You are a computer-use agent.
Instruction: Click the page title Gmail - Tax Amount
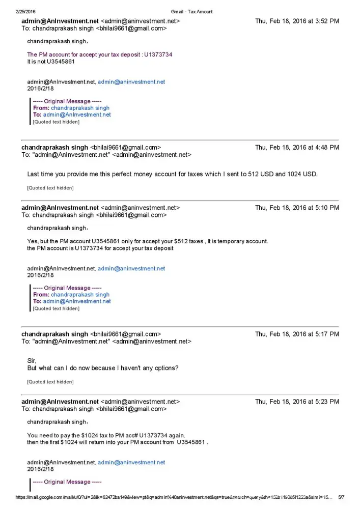(192, 11)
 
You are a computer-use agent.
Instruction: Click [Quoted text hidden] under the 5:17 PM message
(50, 382)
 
